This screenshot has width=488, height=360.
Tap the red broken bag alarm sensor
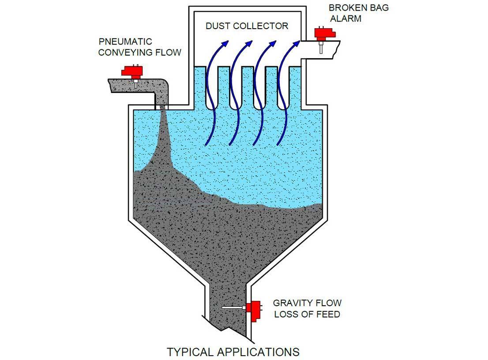(x=325, y=34)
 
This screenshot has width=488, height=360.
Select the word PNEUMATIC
(x=125, y=42)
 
